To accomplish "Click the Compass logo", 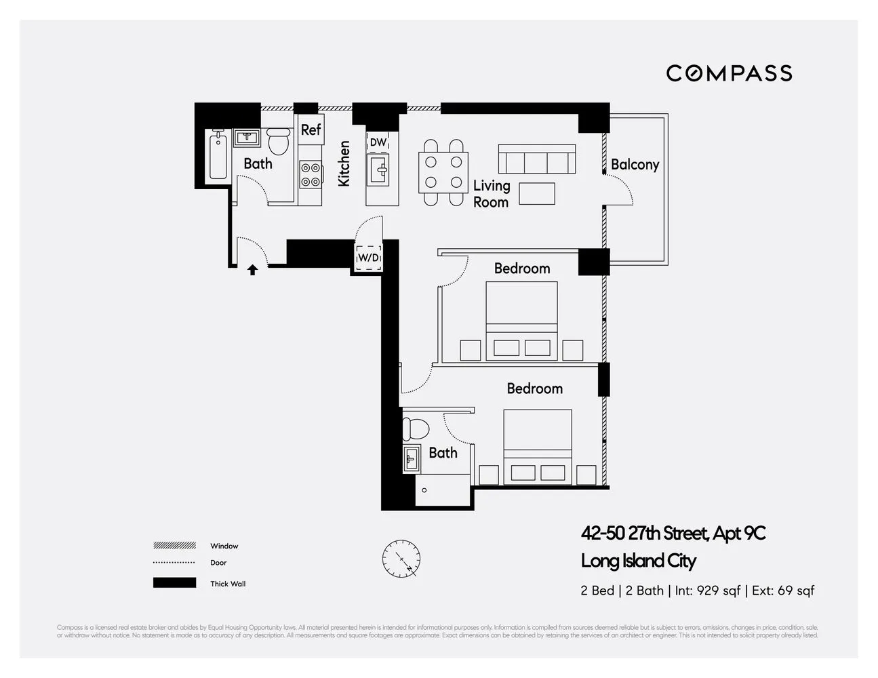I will [x=729, y=73].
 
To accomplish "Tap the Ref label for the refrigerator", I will [x=311, y=129].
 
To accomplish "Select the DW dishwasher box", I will [x=378, y=142].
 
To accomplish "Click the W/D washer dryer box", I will [x=369, y=258].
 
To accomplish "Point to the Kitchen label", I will [x=344, y=163].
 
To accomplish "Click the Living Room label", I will [x=491, y=193].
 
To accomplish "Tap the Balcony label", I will [x=635, y=164].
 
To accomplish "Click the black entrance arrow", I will [x=252, y=270].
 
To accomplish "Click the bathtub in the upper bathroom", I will [x=218, y=156].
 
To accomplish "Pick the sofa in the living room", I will [x=537, y=159].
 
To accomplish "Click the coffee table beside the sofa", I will [x=537, y=194].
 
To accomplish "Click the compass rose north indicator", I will [x=401, y=559].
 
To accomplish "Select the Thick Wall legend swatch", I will [x=174, y=583].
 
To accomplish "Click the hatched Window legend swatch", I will [x=174, y=546].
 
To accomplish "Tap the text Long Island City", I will [x=638, y=561].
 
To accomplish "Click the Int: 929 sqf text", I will [x=708, y=591].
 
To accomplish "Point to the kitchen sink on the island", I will [x=378, y=169].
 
